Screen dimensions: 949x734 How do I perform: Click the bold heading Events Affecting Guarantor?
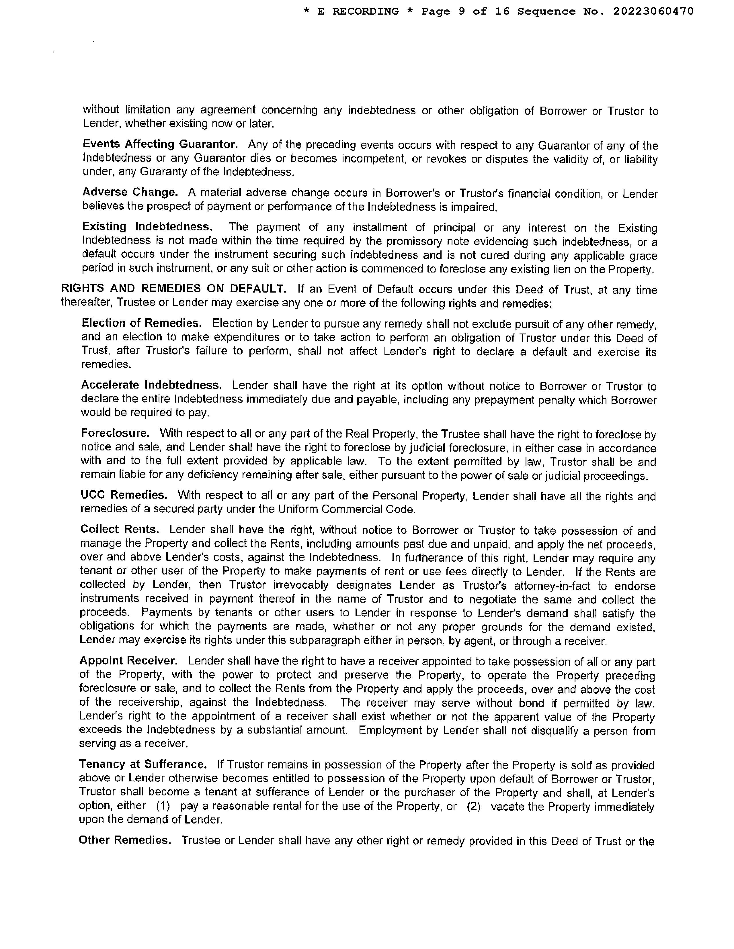[160, 144]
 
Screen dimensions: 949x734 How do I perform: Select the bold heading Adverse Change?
[130, 192]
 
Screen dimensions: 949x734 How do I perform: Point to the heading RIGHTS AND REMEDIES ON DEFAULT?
[173, 289]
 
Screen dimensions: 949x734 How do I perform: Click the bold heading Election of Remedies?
[142, 323]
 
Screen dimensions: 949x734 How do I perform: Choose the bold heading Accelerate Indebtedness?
[151, 385]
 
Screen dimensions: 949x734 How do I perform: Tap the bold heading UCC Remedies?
[124, 495]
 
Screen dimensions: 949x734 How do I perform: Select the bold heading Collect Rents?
[120, 529]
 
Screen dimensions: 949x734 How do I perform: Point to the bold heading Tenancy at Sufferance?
[142, 764]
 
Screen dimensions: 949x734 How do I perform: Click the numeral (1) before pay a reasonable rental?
[163, 806]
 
